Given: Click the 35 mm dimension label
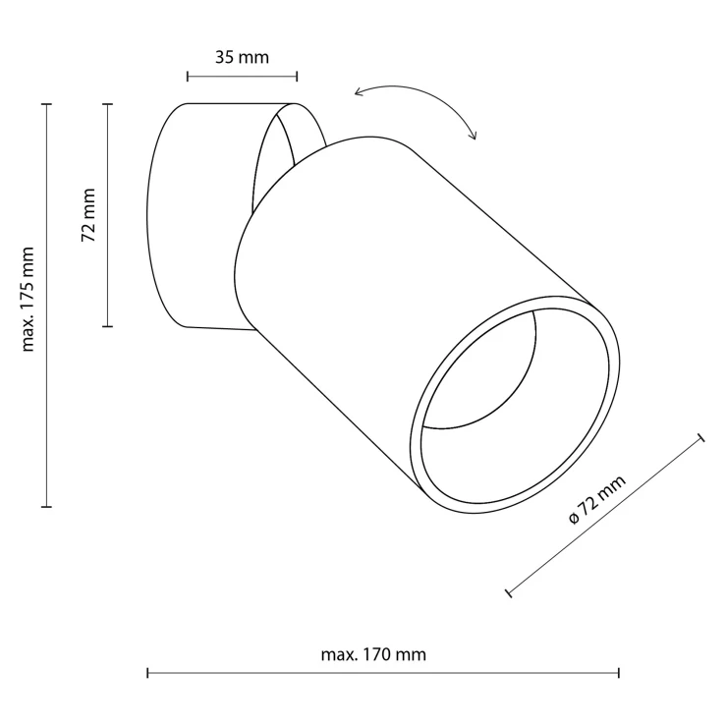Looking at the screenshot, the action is (x=242, y=58).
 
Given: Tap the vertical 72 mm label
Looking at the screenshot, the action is (x=88, y=215).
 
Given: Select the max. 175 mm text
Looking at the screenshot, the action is (x=28, y=300).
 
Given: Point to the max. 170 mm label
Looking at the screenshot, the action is (x=373, y=654).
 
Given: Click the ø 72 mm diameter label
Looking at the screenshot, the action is (x=597, y=499).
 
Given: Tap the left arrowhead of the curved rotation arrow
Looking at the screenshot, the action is (x=358, y=91).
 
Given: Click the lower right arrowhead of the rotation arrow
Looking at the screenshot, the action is (x=474, y=135).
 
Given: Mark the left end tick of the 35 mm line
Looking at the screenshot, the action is (x=188, y=77).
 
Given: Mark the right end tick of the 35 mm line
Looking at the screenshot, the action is (x=297, y=77).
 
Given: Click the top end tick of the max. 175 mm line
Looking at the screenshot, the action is (x=46, y=104).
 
